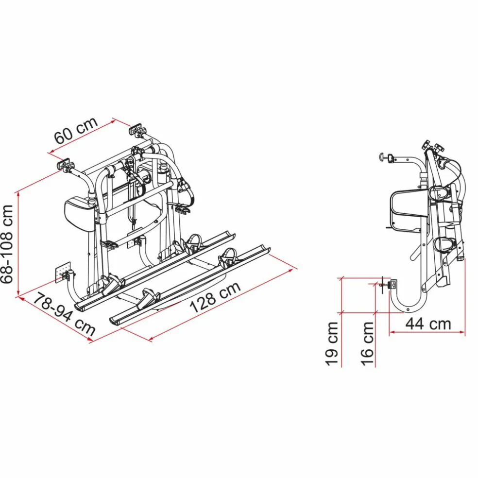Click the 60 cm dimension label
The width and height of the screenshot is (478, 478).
pos(76,130)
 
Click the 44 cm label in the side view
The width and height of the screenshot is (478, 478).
pos(428,324)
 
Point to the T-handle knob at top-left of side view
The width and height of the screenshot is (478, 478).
pos(385,157)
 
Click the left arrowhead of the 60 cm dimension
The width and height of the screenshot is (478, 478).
pos(50,154)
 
